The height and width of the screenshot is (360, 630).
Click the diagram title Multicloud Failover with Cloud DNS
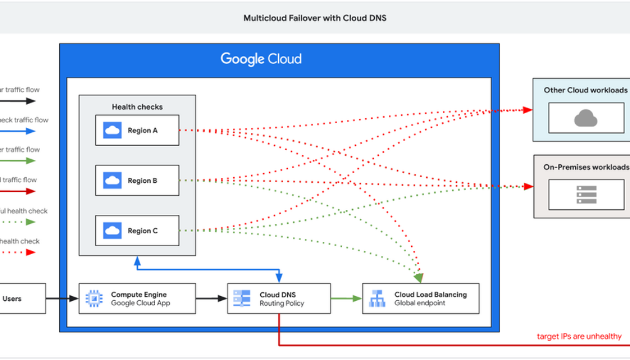314,18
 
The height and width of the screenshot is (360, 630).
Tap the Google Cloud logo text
261,60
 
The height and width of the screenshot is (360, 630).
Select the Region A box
137,130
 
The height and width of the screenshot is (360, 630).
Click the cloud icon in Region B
113,180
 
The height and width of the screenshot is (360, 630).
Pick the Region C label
143,231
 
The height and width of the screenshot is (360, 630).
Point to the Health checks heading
137,107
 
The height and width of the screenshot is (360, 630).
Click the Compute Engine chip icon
95,298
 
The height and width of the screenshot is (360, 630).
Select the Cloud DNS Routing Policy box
279,298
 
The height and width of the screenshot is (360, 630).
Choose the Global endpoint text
420,303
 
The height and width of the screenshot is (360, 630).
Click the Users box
18,298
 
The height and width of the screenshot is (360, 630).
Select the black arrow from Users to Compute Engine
62,298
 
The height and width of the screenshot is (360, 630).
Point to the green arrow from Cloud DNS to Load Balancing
346,298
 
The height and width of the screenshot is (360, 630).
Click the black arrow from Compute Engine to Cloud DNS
211,298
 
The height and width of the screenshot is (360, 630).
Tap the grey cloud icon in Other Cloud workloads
586,118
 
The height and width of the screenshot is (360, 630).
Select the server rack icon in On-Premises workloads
586,194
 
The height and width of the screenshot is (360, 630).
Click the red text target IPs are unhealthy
579,337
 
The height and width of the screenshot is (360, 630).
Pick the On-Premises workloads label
586,167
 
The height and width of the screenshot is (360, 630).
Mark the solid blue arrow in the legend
18,131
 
